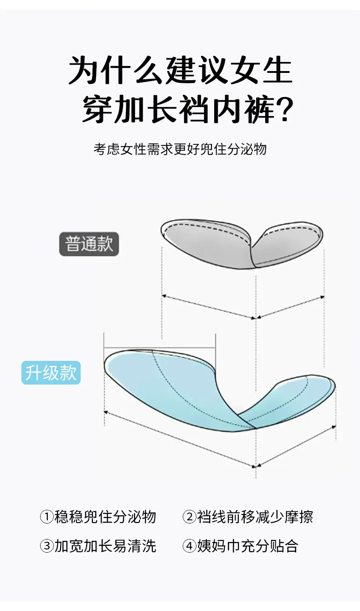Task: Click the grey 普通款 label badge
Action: click(x=89, y=244)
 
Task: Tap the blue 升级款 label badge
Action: click(x=51, y=373)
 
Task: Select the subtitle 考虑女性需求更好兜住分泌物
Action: click(x=180, y=149)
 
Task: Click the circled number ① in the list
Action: click(x=47, y=516)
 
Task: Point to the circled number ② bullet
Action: click(x=190, y=516)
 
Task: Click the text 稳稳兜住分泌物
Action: click(x=105, y=517)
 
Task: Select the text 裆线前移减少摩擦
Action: click(x=255, y=517)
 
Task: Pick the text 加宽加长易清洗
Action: click(x=105, y=546)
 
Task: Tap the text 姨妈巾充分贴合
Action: click(x=247, y=546)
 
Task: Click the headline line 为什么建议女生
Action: click(x=180, y=70)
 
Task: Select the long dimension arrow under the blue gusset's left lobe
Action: click(x=180, y=439)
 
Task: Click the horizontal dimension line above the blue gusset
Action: click(x=160, y=348)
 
